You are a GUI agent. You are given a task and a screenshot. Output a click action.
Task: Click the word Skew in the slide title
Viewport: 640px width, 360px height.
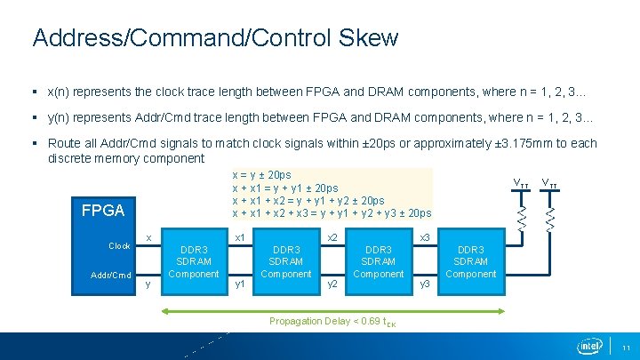click(368, 38)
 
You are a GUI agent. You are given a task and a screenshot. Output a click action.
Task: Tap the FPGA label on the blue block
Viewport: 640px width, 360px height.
click(103, 211)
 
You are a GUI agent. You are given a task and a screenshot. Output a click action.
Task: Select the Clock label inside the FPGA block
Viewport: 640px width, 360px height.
click(119, 245)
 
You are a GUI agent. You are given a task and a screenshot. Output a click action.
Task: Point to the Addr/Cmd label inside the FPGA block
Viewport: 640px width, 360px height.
click(111, 275)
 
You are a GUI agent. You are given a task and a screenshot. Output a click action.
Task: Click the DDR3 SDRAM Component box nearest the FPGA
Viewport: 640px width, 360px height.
click(193, 262)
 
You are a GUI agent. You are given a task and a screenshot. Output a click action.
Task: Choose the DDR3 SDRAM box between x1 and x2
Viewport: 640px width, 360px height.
click(285, 262)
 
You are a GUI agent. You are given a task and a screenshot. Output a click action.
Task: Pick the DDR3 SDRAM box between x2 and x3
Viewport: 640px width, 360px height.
click(379, 262)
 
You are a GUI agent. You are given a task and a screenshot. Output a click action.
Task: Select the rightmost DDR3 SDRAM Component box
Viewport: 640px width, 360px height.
click(470, 262)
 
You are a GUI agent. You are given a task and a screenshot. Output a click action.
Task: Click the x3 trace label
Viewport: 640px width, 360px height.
click(424, 237)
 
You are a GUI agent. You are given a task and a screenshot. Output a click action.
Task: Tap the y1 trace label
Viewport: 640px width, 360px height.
click(239, 284)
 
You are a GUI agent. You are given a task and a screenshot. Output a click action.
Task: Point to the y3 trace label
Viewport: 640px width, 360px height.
click(424, 284)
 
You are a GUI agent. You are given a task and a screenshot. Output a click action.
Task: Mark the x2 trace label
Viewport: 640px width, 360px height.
click(332, 237)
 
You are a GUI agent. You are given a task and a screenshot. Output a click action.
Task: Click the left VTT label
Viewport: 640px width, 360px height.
click(521, 183)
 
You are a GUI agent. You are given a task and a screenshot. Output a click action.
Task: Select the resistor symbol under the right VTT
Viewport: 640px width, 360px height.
click(551, 217)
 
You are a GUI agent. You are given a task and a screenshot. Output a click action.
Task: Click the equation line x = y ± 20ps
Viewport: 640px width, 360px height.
click(261, 175)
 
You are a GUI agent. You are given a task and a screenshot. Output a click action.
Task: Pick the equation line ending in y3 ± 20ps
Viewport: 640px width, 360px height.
click(331, 213)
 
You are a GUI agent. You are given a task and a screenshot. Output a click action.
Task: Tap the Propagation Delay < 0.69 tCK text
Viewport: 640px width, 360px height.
click(332, 322)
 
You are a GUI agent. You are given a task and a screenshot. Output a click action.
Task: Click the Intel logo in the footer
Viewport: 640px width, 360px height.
click(590, 345)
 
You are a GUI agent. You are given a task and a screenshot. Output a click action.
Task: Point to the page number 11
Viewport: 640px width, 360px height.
click(626, 347)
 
